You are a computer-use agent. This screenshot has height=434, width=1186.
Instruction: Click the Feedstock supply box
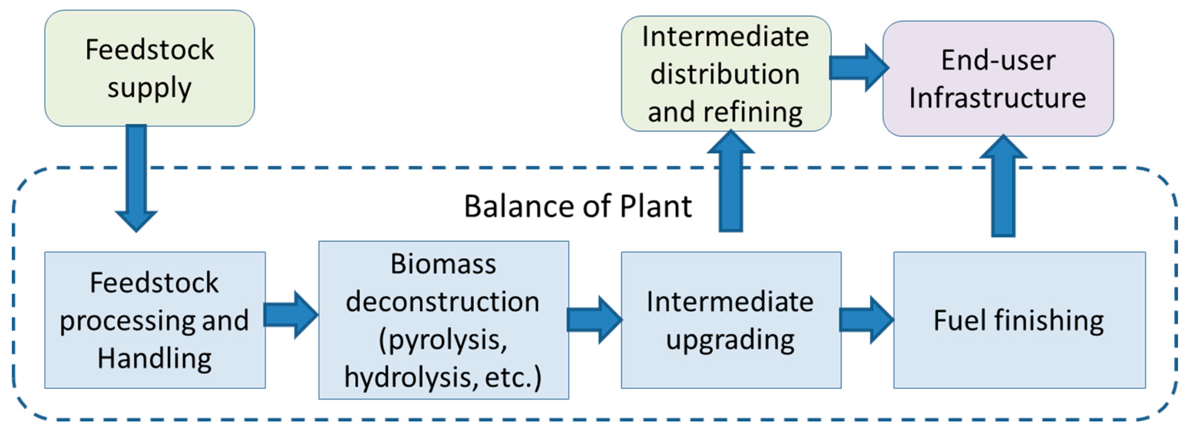coord(149,68)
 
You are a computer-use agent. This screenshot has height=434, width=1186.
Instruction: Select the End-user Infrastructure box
coord(998,78)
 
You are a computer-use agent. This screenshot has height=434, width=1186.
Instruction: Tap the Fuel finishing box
coord(1019,320)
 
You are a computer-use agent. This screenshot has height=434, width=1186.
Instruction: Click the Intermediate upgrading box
coord(731,320)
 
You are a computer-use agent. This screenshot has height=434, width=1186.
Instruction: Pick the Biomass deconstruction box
coord(443,320)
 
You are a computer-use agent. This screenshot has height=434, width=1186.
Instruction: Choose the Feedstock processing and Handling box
coord(155,320)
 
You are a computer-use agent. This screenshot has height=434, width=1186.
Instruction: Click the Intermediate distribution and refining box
coord(726,74)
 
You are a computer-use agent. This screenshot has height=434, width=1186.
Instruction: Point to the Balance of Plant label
coord(577,206)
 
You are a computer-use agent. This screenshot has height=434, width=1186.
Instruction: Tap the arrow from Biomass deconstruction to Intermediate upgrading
coord(594,320)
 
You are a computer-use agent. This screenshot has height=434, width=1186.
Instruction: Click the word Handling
coord(155,359)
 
